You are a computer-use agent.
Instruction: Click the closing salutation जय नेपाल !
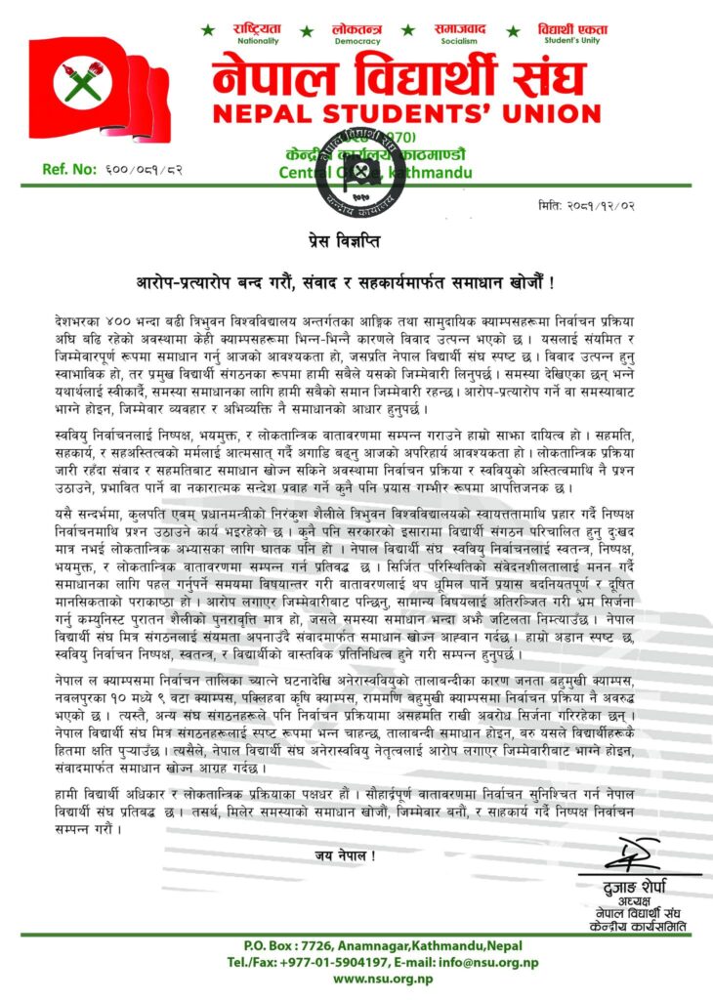coord(345,855)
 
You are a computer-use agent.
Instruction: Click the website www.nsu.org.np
coord(356,979)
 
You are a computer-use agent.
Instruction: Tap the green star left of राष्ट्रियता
coord(208,30)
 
